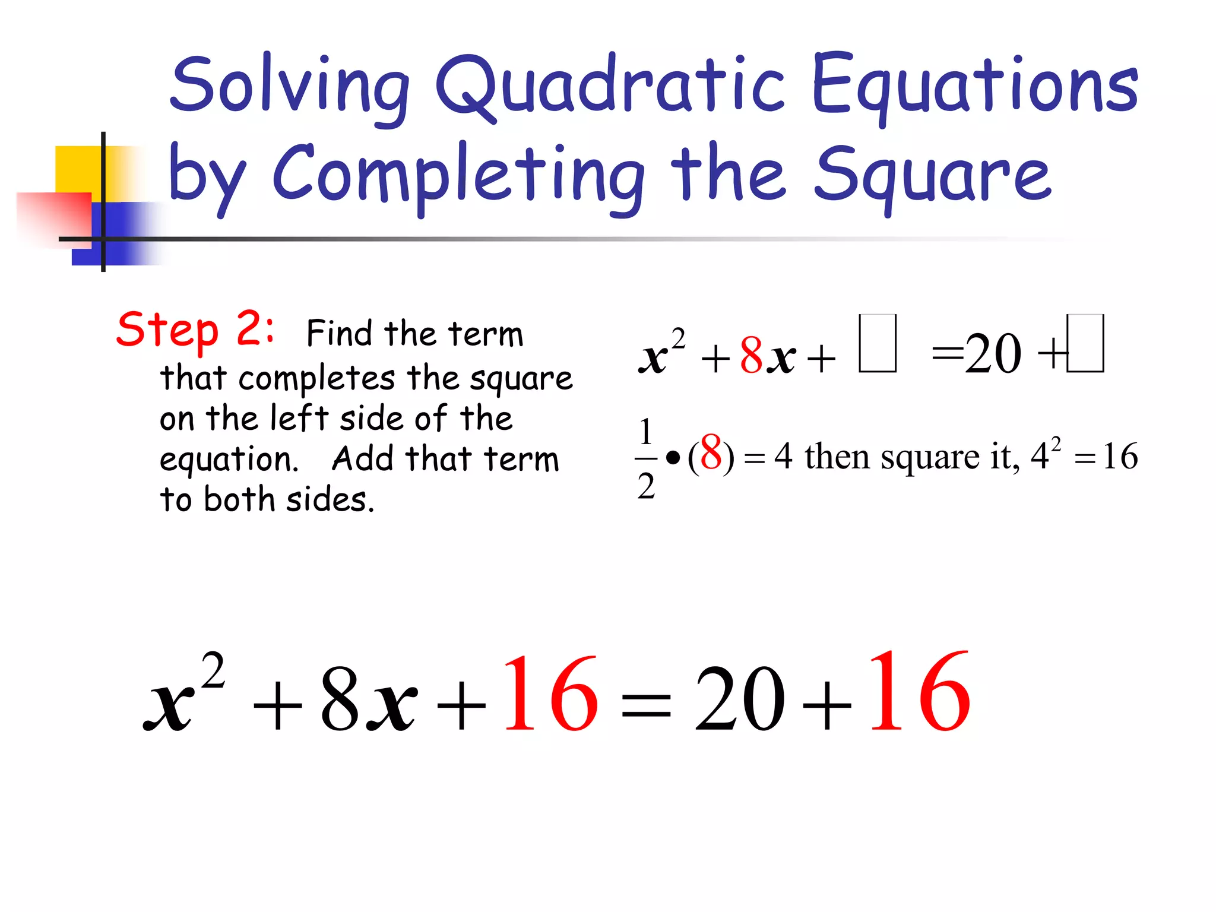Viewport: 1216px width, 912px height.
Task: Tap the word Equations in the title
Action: [x=974, y=86]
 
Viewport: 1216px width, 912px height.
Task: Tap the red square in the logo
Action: [x=53, y=217]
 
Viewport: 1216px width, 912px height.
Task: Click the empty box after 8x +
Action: [x=878, y=343]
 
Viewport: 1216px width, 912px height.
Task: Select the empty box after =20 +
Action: [x=1085, y=343]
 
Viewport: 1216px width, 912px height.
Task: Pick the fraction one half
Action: [x=646, y=458]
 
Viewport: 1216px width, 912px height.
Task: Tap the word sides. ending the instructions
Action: [x=330, y=500]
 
